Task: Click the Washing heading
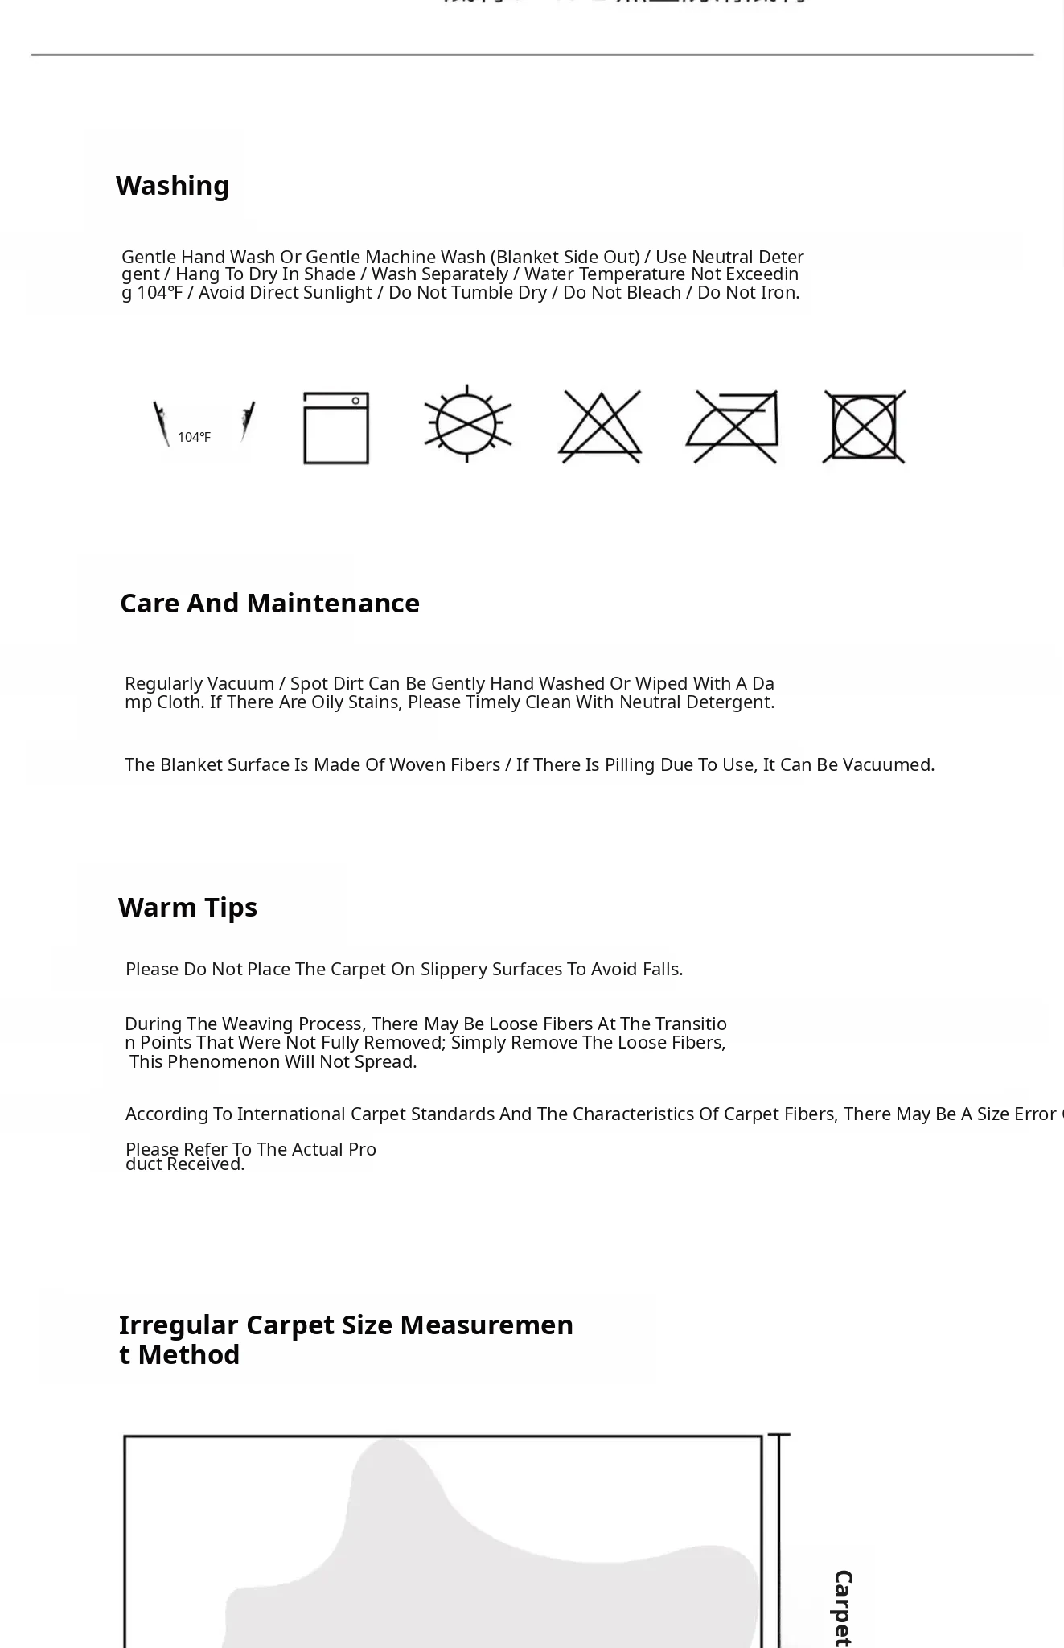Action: [172, 186]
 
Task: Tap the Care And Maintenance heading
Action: [269, 604]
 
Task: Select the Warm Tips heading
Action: [187, 908]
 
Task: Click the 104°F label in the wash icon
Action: [194, 437]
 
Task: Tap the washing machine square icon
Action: [336, 427]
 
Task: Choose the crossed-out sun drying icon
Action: [468, 423]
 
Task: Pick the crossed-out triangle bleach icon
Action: [600, 426]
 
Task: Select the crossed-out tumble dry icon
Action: [864, 427]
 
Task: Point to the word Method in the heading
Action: [188, 1355]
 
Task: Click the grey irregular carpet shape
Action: [483, 1569]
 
